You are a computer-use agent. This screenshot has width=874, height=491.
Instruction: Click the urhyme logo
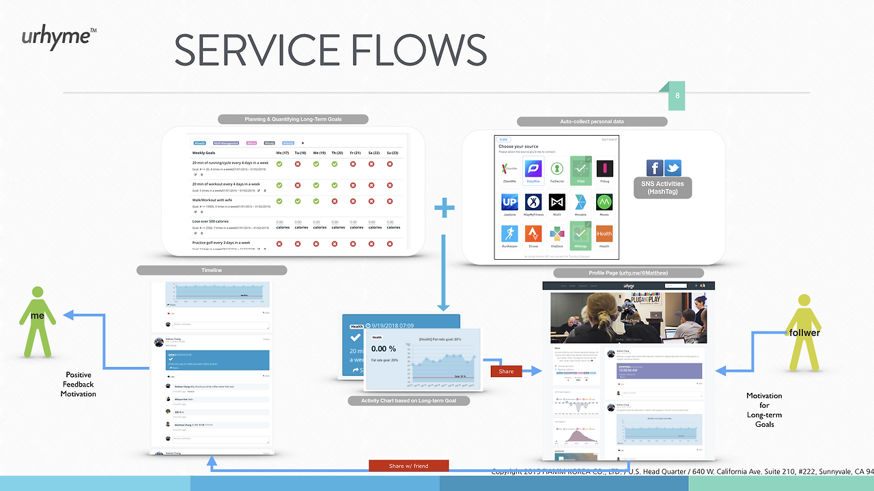58,36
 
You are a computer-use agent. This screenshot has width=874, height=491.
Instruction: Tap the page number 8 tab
677,96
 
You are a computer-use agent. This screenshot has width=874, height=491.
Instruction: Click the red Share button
507,371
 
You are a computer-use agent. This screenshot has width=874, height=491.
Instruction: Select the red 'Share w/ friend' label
408,466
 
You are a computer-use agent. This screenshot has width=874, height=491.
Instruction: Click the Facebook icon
655,168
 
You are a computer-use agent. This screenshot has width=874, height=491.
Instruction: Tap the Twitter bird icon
673,168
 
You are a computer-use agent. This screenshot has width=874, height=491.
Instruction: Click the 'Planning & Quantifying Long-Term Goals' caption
293,119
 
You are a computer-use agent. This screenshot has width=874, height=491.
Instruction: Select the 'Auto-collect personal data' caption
591,121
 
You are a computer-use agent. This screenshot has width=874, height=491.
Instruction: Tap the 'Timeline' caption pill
211,270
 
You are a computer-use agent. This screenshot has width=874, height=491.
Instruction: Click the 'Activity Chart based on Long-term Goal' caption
408,401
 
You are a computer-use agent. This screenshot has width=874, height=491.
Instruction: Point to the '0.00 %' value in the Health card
383,348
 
